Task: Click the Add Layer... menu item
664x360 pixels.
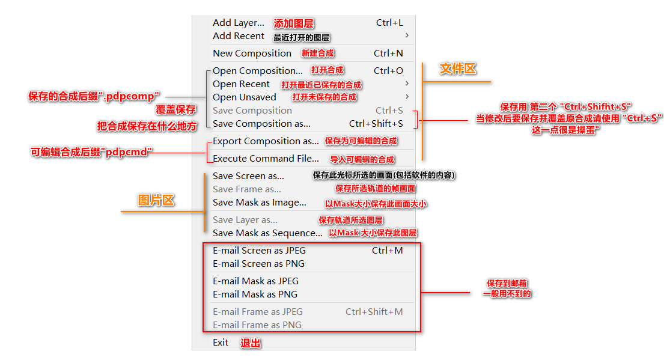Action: click(238, 23)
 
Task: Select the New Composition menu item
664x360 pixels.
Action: click(252, 53)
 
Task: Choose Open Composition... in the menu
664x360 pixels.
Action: click(257, 71)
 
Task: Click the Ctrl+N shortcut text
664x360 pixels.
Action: click(388, 53)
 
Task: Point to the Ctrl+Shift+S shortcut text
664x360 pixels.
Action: click(376, 124)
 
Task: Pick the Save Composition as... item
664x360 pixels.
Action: click(261, 124)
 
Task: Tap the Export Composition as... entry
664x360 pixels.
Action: click(266, 141)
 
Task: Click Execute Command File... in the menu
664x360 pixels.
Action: click(266, 159)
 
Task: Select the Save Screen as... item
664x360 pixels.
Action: click(248, 176)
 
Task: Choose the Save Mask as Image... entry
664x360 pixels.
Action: click(259, 203)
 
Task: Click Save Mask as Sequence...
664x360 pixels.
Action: click(267, 233)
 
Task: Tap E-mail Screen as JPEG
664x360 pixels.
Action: click(259, 251)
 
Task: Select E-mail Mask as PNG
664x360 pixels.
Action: click(255, 294)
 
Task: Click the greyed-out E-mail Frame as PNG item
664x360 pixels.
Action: click(257, 325)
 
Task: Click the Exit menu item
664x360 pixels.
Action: click(221, 343)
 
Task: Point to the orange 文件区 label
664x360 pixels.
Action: click(458, 69)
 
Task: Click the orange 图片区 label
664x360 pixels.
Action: click(156, 200)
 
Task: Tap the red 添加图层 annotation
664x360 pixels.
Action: click(294, 23)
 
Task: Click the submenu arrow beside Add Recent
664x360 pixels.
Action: click(407, 35)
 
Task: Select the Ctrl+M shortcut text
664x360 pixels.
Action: click(387, 251)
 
